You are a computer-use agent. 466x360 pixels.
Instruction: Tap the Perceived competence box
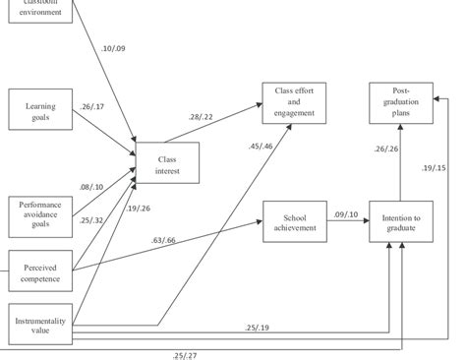point(39,270)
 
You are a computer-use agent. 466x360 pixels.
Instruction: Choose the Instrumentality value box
point(39,325)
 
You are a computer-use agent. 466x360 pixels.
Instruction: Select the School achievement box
point(294,221)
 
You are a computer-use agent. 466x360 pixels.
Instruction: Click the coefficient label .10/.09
point(115,48)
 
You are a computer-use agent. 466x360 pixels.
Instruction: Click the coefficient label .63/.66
point(164,239)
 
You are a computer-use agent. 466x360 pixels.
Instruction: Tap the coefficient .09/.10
point(346,214)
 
